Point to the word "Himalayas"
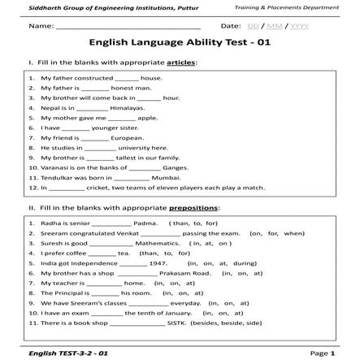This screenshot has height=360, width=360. pyautogui.click(x=128, y=107)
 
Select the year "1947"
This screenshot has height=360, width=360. pyautogui.click(x=159, y=262)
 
